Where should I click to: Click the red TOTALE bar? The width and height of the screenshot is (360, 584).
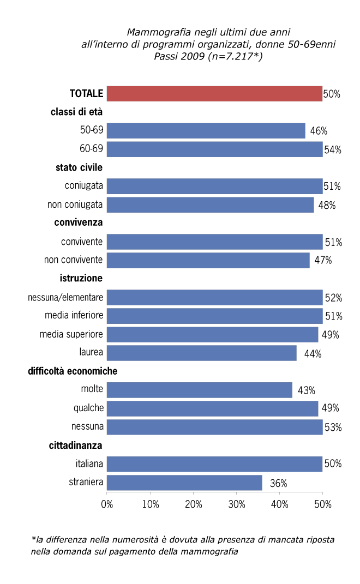(214, 94)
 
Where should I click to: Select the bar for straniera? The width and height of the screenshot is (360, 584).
(184, 483)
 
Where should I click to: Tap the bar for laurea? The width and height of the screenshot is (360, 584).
(202, 353)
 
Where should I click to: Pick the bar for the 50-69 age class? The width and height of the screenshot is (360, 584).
(206, 131)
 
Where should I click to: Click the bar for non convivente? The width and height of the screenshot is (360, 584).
(208, 260)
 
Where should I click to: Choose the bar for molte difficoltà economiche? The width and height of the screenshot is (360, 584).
(200, 390)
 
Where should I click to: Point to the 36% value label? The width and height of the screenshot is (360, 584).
(279, 483)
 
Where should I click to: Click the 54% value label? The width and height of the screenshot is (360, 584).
(332, 149)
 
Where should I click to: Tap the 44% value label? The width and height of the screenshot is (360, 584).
(313, 353)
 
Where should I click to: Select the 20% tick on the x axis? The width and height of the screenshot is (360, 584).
(194, 504)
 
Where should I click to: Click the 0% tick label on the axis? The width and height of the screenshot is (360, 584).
(107, 504)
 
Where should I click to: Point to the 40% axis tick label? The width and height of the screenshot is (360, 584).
(280, 504)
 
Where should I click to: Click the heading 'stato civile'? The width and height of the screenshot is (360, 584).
(79, 167)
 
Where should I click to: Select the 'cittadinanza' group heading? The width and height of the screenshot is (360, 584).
(76, 445)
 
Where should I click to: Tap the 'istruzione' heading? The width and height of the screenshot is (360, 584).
(81, 279)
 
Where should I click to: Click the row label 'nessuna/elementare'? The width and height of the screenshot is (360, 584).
(65, 298)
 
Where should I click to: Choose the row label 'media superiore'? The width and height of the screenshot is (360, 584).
(71, 334)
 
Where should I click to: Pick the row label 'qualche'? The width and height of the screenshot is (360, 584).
(88, 408)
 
